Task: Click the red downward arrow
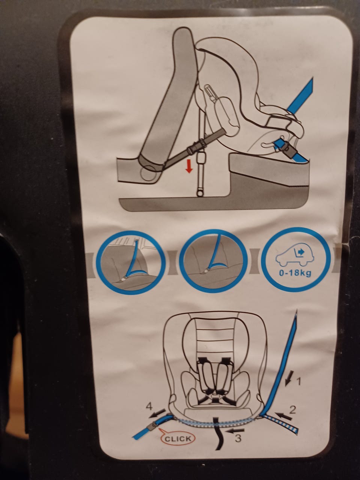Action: click(x=189, y=167)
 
